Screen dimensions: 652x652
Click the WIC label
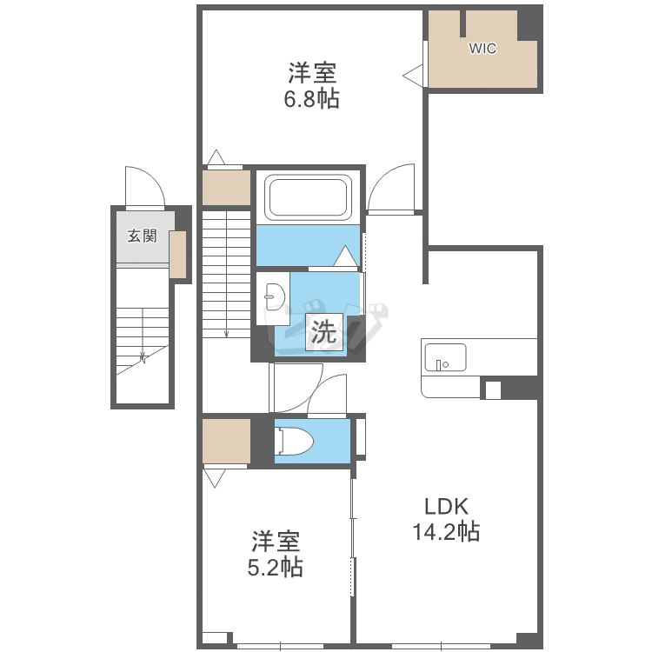pos(482,48)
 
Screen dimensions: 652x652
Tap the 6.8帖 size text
pos(311,99)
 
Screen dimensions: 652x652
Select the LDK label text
pos(446,507)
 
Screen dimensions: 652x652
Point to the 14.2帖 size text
pos(446,531)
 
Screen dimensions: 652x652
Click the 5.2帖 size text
pos(276,567)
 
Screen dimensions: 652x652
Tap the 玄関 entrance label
pos(143,236)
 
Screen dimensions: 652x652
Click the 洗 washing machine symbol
pos(324,332)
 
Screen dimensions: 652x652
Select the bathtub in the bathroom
pos(308,199)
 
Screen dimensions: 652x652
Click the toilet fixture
pos(294,441)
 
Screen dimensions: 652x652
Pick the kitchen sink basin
pos(445,357)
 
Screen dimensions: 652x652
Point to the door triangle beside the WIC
pos(413,77)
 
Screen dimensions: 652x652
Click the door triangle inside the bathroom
pos(345,256)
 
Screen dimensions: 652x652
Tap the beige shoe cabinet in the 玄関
pos(177,255)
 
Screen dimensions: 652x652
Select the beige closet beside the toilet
pos(226,441)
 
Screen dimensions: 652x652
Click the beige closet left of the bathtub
pos(226,188)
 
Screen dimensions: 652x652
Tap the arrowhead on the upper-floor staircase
pos(226,334)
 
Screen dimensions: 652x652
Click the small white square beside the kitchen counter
pos(493,389)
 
